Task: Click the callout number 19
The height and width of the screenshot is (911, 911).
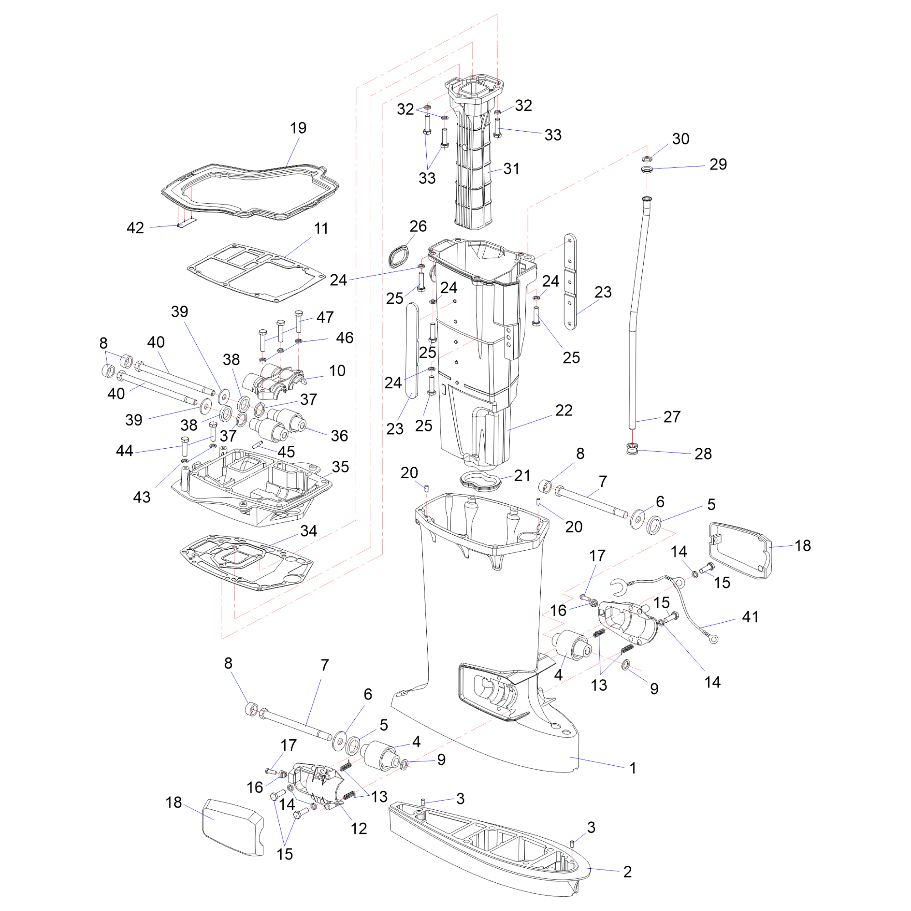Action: click(x=298, y=128)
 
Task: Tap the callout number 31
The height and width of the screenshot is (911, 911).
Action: click(x=511, y=169)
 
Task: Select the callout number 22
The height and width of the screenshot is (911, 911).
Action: click(x=563, y=410)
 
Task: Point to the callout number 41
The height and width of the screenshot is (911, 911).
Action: click(x=750, y=617)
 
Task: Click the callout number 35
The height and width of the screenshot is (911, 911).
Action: click(x=340, y=467)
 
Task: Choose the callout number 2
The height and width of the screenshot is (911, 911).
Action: click(x=627, y=872)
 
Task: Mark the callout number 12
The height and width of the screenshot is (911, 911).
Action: click(x=359, y=829)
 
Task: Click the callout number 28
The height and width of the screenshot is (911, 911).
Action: click(x=703, y=454)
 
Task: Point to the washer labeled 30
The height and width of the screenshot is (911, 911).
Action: click(x=647, y=159)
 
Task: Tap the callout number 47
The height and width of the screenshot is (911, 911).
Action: click(x=325, y=317)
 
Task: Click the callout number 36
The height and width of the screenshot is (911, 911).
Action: click(x=339, y=436)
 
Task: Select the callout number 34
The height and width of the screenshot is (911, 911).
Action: click(x=308, y=531)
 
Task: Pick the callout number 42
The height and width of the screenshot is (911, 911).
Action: click(x=135, y=228)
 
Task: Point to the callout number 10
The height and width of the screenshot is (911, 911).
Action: click(x=337, y=371)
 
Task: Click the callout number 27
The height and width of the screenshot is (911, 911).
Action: click(x=672, y=417)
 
